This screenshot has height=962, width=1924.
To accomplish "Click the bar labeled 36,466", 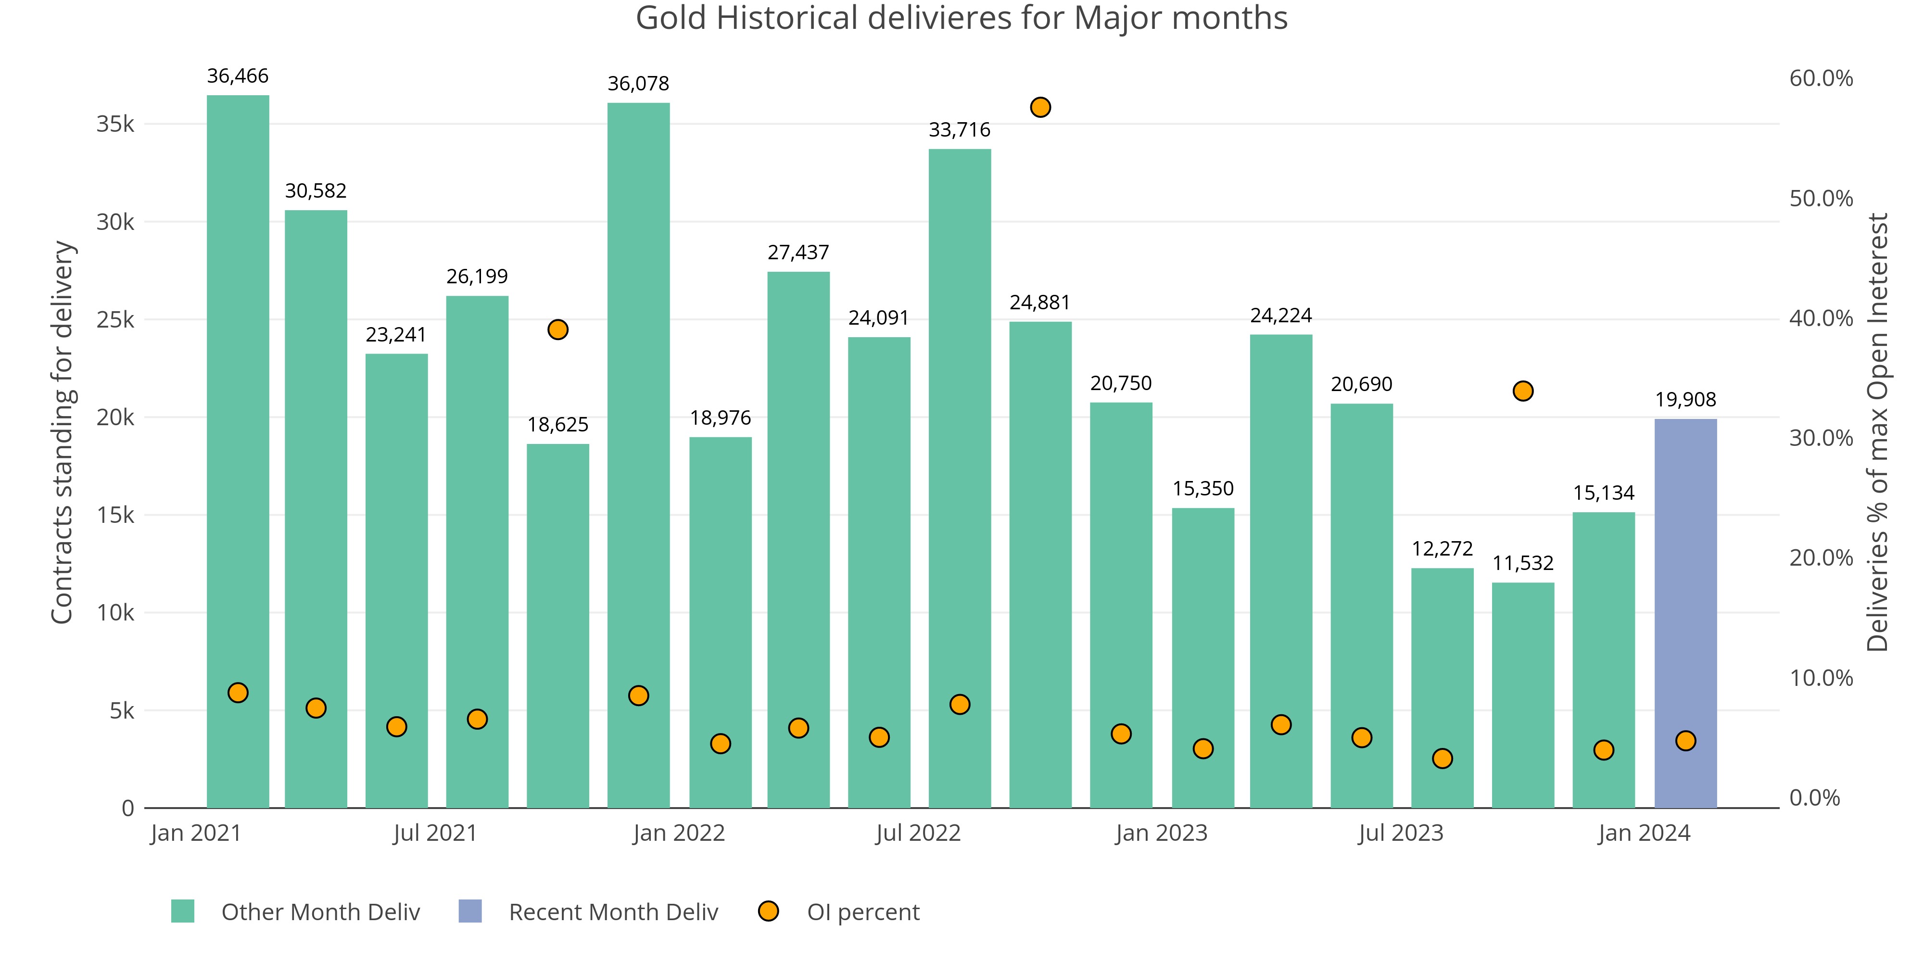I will point(238,448).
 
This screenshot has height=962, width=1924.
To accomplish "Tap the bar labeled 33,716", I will point(959,478).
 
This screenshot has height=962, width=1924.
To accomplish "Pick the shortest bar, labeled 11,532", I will point(1522,695).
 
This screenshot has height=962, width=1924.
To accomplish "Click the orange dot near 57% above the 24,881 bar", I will point(1039,108).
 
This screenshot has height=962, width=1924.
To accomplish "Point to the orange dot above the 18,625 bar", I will point(557,329).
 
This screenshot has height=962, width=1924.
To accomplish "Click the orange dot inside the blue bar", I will point(1685,741).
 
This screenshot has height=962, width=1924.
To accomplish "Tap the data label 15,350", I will point(1202,489).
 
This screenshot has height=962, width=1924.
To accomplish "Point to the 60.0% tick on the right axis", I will point(1820,78).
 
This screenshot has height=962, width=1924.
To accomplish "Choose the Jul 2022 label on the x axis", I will point(918,833).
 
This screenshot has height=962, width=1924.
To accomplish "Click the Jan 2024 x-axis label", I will point(1644,833).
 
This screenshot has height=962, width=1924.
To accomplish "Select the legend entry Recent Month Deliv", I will point(612,912).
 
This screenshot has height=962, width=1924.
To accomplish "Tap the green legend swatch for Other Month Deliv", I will point(182,911).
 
